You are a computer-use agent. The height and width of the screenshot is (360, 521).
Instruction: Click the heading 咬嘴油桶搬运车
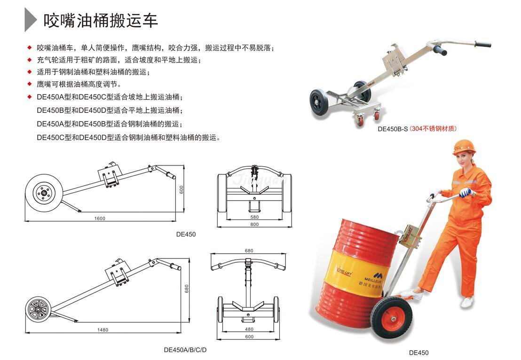100,21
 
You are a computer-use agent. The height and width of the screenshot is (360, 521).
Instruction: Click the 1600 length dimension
100,218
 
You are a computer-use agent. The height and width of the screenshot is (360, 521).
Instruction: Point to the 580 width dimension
254,217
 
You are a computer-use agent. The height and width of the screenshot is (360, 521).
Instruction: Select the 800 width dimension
254,224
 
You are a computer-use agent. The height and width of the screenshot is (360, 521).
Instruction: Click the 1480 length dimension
103,330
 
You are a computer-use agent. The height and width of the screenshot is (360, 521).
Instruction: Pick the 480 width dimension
249,329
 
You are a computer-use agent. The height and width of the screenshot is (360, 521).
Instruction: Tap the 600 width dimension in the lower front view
249,337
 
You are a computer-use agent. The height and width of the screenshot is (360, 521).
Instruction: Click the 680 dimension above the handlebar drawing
249,251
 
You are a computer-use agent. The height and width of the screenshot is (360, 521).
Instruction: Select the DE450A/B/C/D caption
185,350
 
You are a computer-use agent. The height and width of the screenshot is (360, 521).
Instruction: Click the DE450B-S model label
393,129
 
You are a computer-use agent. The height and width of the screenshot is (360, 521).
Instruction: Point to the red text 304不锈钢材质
434,128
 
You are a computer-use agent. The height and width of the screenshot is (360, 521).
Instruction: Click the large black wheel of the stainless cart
319,102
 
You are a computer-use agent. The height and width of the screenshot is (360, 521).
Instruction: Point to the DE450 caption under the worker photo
418,352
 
